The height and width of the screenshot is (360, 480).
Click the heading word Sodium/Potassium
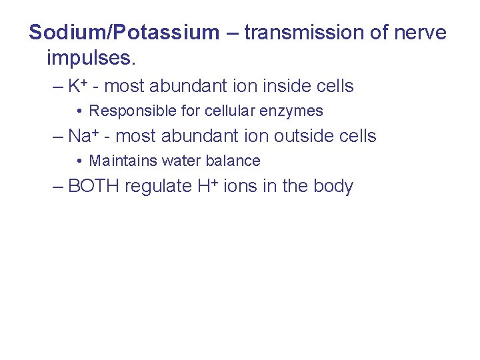(x=124, y=33)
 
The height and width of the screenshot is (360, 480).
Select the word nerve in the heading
(x=421, y=33)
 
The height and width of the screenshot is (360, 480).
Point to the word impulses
(x=91, y=58)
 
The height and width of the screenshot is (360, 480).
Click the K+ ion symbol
(x=79, y=86)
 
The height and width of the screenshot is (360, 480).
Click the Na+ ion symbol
(x=83, y=136)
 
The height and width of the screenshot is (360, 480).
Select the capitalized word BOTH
(x=93, y=186)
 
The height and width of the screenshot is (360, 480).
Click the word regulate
(x=158, y=186)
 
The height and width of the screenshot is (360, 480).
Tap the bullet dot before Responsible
(x=79, y=111)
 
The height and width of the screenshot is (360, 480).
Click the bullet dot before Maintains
(x=79, y=161)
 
